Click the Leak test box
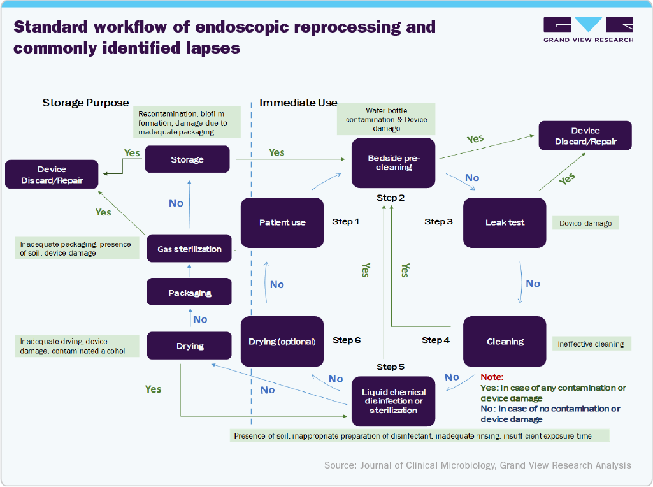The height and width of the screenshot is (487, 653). [505, 222]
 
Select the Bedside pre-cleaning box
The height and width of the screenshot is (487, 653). [393, 163]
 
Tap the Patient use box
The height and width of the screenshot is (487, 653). [282, 222]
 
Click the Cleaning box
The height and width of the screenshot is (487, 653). [505, 342]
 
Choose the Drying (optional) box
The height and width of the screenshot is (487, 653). [282, 342]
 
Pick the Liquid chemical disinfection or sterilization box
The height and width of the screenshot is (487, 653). [393, 402]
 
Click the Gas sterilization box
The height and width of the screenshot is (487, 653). [190, 249]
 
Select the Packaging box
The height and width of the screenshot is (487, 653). [190, 293]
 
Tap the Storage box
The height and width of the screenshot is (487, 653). [187, 159]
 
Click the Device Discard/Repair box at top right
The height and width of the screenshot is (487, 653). [585, 136]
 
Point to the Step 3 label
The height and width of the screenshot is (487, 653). [438, 221]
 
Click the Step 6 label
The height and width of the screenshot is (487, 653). [347, 340]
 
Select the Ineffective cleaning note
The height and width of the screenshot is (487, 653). [591, 344]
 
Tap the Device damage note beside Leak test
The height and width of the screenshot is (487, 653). [585, 223]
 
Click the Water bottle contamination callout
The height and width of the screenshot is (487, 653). [387, 119]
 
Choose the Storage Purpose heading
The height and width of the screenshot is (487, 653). [85, 103]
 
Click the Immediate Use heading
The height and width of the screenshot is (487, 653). [298, 103]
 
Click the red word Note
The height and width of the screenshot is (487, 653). [491, 377]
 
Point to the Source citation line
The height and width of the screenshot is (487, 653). [477, 465]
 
